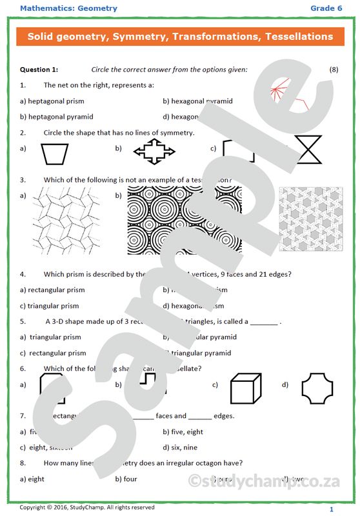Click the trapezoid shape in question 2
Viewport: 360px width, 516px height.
coord(54,153)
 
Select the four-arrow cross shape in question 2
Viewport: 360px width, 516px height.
coord(153,152)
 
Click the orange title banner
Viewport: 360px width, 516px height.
coord(180,37)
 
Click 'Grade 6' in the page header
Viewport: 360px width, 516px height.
coord(326,8)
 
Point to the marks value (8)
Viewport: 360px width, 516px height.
coord(334,69)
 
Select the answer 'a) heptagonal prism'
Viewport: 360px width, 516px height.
coord(52,101)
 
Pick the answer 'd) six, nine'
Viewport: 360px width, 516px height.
coord(180,447)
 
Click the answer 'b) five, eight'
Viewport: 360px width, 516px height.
coord(183,432)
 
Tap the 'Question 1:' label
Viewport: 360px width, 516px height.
coord(39,69)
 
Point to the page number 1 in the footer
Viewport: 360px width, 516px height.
coord(332,510)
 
